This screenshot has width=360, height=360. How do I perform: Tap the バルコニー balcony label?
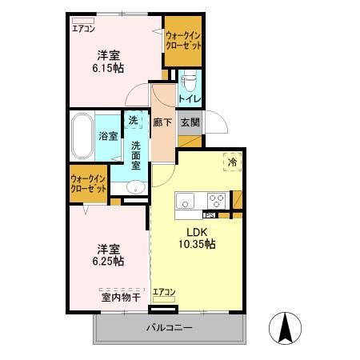click(169, 328)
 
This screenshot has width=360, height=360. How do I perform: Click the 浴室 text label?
click(107, 136)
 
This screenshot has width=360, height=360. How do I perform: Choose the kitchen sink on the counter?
click(184, 200)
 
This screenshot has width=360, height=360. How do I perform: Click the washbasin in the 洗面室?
click(135, 188)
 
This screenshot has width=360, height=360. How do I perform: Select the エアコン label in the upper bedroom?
click(82, 28)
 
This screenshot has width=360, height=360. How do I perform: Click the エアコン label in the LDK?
click(164, 291)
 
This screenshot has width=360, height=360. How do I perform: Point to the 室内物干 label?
click(121, 297)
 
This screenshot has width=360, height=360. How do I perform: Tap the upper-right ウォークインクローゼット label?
click(182, 41)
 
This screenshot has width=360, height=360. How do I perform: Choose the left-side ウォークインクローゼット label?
click(88, 183)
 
